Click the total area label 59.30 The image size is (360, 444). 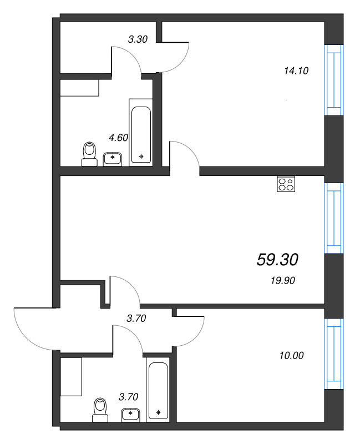(278, 259)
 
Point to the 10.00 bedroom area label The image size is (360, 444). (292, 356)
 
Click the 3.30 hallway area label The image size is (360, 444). (137, 39)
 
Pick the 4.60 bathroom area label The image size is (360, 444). (119, 138)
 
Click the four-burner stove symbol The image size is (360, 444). (286, 184)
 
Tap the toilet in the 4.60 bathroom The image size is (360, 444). (89, 154)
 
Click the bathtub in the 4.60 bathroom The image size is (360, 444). (140, 132)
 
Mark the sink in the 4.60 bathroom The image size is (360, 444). (113, 159)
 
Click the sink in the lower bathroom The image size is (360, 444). (132, 414)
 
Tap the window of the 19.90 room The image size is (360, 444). (334, 218)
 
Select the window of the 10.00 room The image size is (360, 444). (334, 354)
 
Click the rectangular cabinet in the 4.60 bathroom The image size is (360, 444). (79, 88)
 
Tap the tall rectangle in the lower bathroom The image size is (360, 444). (72, 376)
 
